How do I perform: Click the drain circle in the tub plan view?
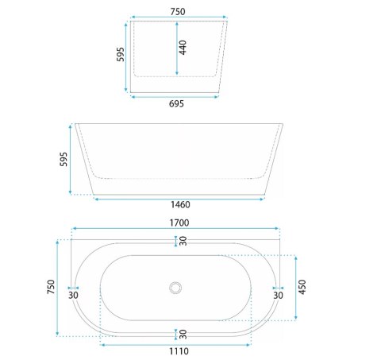175,288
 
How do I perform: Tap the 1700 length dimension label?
179,223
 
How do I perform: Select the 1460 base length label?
180,204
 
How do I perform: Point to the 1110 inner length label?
179,351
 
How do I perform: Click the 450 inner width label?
302,287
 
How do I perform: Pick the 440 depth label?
183,48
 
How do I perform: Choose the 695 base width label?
176,103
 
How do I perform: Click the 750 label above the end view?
178,12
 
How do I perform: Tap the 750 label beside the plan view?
51,287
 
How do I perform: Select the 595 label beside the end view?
121,54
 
